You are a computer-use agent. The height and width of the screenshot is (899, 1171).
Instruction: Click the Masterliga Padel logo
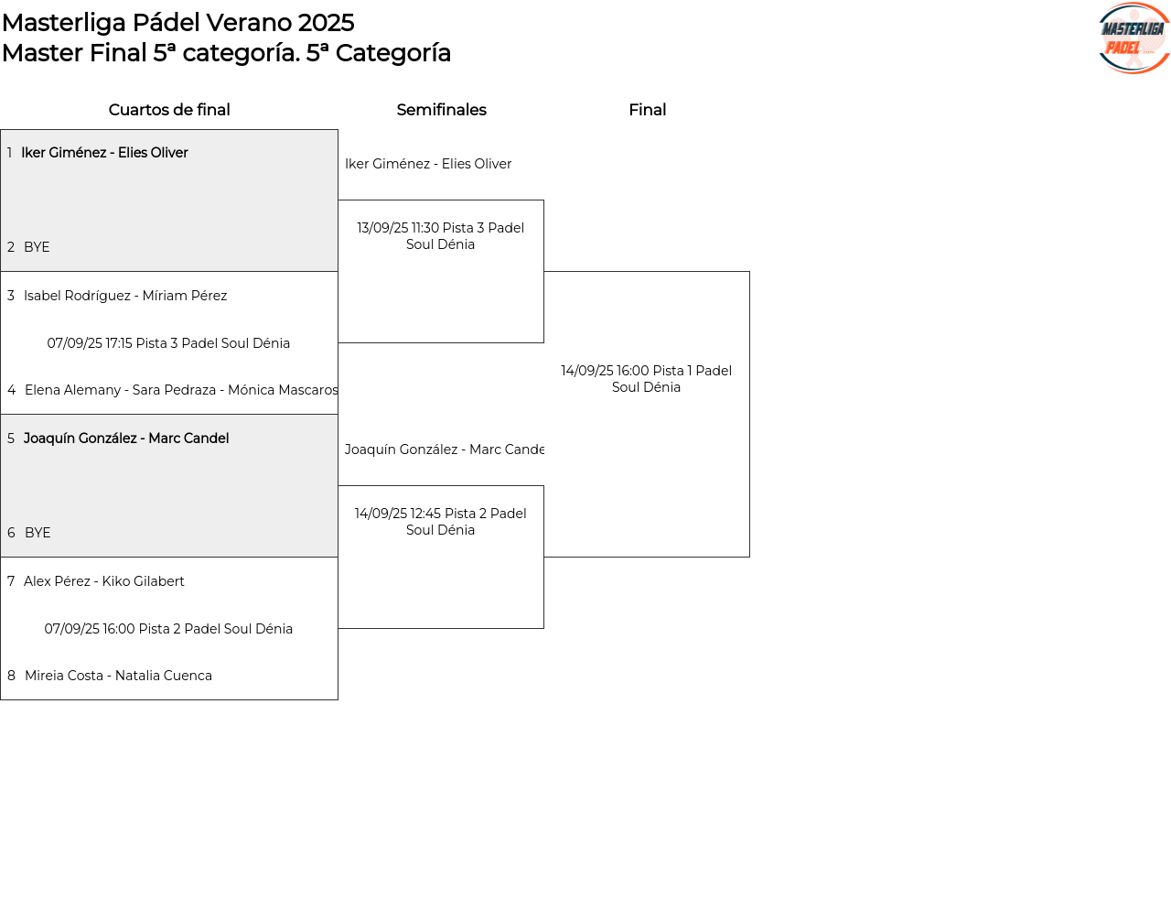coord(1133,38)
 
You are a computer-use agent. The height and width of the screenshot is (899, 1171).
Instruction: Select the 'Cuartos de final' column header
coord(169,110)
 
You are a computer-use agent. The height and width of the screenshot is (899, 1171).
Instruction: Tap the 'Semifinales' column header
coord(441,110)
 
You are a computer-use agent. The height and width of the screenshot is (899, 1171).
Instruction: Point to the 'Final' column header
coord(647,110)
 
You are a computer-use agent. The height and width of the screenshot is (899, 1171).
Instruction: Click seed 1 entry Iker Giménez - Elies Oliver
coord(104,153)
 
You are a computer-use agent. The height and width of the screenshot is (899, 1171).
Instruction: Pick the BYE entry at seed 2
coord(37,247)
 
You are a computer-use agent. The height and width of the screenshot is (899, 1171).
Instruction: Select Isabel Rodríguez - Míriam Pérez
coord(125,296)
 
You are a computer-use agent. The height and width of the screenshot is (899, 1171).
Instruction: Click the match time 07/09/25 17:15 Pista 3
coord(168,343)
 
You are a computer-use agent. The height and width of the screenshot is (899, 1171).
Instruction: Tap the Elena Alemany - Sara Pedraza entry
coord(181,390)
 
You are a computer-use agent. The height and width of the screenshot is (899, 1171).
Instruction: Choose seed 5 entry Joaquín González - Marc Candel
coord(126,438)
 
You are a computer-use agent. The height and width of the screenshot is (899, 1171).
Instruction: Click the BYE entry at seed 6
coord(38,532)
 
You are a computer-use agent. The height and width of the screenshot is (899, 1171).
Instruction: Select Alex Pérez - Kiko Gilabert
coord(104,580)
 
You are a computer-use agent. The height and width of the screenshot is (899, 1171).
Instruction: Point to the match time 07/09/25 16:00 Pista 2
coord(168,629)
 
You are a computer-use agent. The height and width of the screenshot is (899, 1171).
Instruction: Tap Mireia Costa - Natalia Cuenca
coord(119,676)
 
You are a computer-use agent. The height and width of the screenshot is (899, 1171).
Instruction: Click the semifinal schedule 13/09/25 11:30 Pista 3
coord(440,235)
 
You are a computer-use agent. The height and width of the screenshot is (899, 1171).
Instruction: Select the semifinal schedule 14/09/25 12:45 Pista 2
coord(440,522)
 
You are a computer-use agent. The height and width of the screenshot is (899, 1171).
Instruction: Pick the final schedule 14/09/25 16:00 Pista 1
coord(646,379)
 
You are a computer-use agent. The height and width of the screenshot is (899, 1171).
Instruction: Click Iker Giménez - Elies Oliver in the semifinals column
coord(428,163)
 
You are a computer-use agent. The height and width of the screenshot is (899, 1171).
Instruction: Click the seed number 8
coord(11,676)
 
